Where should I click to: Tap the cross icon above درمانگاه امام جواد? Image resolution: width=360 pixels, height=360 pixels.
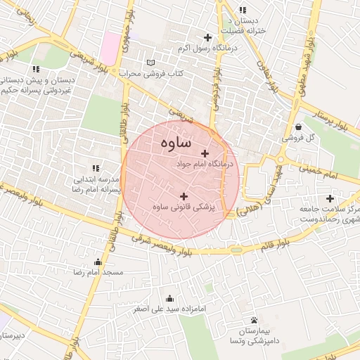(205, 153)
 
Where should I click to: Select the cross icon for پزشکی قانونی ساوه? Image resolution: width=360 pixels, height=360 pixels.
(184, 196)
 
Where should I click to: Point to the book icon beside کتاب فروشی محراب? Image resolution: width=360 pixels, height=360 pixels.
(150, 63)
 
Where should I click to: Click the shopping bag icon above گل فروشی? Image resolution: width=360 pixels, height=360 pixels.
(301, 127)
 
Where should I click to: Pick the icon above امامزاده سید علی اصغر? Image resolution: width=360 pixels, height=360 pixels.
(169, 297)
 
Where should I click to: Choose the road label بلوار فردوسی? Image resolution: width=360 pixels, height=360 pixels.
(216, 87)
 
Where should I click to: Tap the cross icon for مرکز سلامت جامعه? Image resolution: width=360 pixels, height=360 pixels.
(330, 198)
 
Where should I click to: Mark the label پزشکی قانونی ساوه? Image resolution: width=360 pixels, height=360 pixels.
(184, 208)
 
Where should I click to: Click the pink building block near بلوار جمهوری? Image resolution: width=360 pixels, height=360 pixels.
(110, 45)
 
